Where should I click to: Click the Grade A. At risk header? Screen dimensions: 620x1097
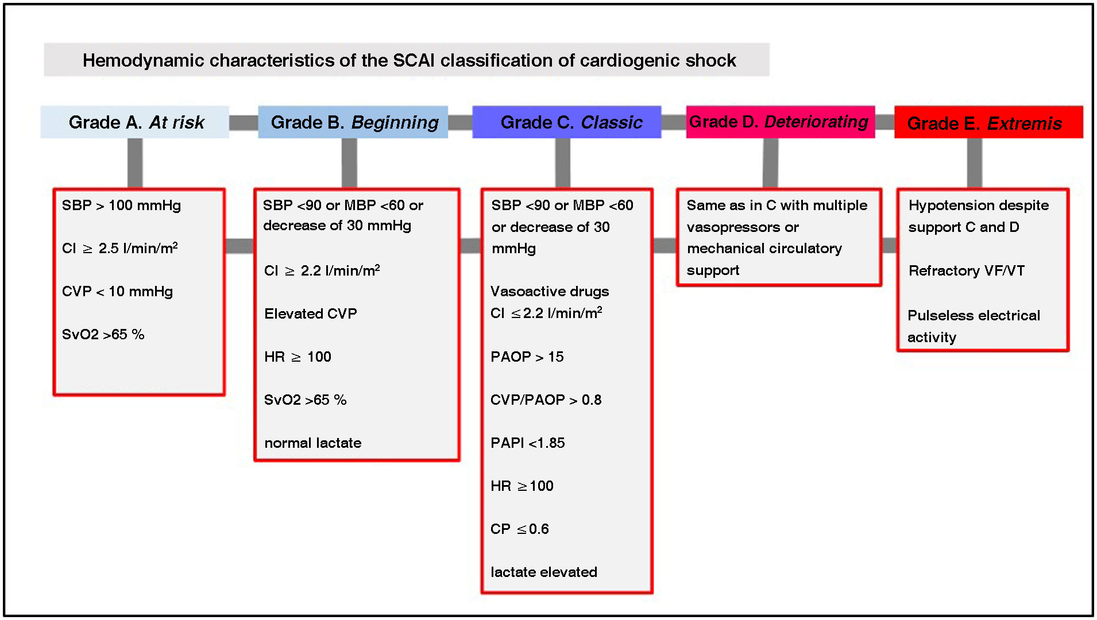(x=135, y=122)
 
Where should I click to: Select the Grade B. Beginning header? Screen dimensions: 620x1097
(x=353, y=122)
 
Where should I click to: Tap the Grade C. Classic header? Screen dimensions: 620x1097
(x=567, y=122)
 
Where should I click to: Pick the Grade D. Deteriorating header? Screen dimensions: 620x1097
(x=780, y=122)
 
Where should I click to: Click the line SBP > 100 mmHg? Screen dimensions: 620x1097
(x=121, y=206)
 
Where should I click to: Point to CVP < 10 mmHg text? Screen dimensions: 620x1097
(x=117, y=292)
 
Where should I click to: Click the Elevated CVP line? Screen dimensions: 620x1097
(x=311, y=313)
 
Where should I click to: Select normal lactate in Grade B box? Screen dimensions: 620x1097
(x=313, y=443)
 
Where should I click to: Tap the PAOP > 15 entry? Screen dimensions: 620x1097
(x=527, y=357)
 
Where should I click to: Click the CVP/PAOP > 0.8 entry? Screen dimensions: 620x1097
(x=546, y=400)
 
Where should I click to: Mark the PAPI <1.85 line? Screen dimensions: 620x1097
(x=527, y=443)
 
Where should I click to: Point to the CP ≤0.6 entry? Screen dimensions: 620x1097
(x=519, y=529)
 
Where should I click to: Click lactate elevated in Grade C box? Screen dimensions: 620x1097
(x=543, y=572)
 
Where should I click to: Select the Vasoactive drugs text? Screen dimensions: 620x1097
(x=550, y=292)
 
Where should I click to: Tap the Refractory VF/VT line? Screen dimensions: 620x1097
(x=967, y=271)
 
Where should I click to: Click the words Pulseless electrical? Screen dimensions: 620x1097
(x=974, y=316)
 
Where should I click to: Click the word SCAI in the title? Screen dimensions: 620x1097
(x=414, y=60)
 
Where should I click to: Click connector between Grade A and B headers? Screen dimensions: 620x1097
(x=244, y=122)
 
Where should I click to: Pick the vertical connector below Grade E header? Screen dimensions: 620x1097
(x=974, y=163)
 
